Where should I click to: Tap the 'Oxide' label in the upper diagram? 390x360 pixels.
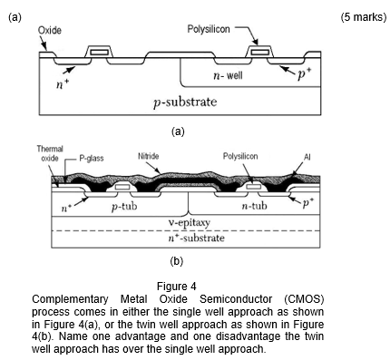pos(50,30)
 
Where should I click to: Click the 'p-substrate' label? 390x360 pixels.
pos(185,102)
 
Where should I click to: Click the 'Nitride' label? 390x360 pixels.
pos(149,156)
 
